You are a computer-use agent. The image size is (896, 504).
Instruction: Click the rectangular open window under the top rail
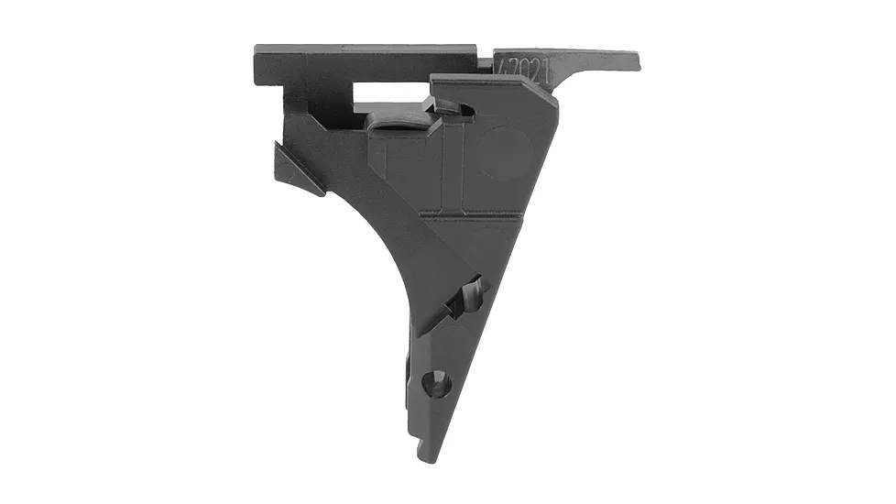coord(385,94)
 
